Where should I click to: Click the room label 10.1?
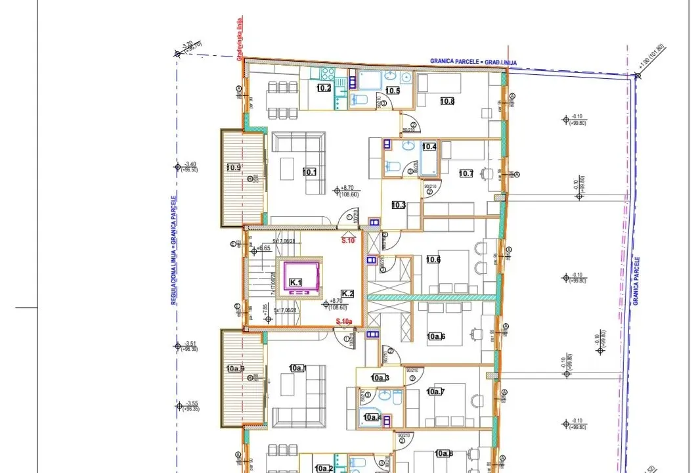pyautogui.click(x=310, y=172)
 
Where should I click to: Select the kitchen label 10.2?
pyautogui.click(x=324, y=88)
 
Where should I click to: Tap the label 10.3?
pyautogui.click(x=398, y=205)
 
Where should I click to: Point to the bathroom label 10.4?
pyautogui.click(x=429, y=146)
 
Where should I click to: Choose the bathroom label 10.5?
pyautogui.click(x=393, y=91)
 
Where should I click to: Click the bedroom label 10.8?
pyautogui.click(x=447, y=101)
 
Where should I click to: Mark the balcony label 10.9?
pyautogui.click(x=232, y=167)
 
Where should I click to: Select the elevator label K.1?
pyautogui.click(x=296, y=282)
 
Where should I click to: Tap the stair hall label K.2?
pyautogui.click(x=347, y=293)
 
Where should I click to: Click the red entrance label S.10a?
pyautogui.click(x=344, y=321)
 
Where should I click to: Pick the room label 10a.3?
pyautogui.click(x=380, y=378)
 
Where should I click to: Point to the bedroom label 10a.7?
pyautogui.click(x=435, y=392)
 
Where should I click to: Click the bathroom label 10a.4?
pyautogui.click(x=372, y=417)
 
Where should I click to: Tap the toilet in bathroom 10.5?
pyautogui.click(x=359, y=100)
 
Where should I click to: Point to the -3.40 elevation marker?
pyautogui.click(x=190, y=164)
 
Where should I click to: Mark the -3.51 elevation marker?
pyautogui.click(x=190, y=344)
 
